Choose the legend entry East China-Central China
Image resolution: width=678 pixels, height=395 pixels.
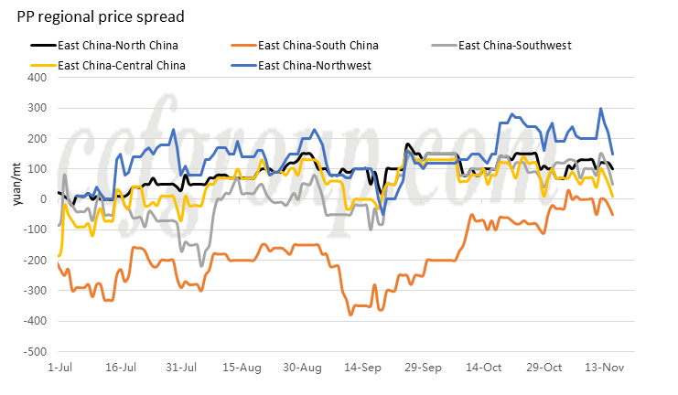(x=121, y=65)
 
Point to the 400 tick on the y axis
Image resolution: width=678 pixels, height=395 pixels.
(x=38, y=78)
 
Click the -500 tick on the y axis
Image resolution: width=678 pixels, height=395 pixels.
(x=36, y=352)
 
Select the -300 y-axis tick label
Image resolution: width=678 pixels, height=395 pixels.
(x=36, y=291)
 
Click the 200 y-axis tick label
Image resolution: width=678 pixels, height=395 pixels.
(x=38, y=139)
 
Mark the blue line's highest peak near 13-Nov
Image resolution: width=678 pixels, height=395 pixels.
(x=601, y=109)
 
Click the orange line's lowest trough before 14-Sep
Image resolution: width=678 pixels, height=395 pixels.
(x=350, y=315)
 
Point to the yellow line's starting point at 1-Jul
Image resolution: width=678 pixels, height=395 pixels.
(x=59, y=256)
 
